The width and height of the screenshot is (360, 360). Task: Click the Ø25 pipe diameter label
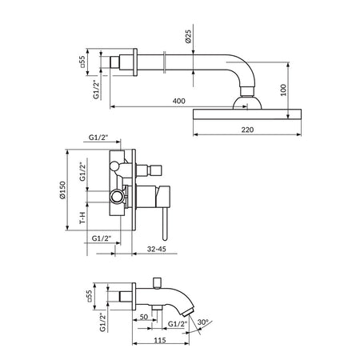(x=188, y=36)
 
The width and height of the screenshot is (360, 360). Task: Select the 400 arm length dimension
(x=178, y=101)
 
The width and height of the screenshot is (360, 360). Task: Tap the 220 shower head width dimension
(x=247, y=130)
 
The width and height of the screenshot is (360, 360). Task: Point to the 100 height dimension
(x=283, y=90)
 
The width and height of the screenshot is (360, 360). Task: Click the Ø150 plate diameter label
(x=62, y=190)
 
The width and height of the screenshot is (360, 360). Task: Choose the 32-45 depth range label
(x=157, y=249)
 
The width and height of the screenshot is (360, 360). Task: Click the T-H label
(x=83, y=218)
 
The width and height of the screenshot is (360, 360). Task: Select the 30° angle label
(x=203, y=322)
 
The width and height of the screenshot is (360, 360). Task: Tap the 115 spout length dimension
(x=160, y=340)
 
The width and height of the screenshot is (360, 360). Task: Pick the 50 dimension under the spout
(x=144, y=317)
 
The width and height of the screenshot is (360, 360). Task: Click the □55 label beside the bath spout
(x=89, y=296)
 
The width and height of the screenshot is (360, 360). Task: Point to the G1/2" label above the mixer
(x=98, y=138)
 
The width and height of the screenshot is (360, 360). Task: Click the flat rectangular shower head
(x=247, y=114)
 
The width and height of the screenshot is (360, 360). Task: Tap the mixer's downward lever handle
(x=165, y=224)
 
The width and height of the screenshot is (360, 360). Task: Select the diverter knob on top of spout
(x=158, y=283)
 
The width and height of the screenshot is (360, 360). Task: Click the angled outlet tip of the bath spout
(x=190, y=311)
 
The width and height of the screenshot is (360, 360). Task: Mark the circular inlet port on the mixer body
(x=117, y=197)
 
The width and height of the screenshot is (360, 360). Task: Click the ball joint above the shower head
(x=247, y=102)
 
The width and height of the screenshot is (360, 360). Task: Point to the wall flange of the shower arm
(x=135, y=62)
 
